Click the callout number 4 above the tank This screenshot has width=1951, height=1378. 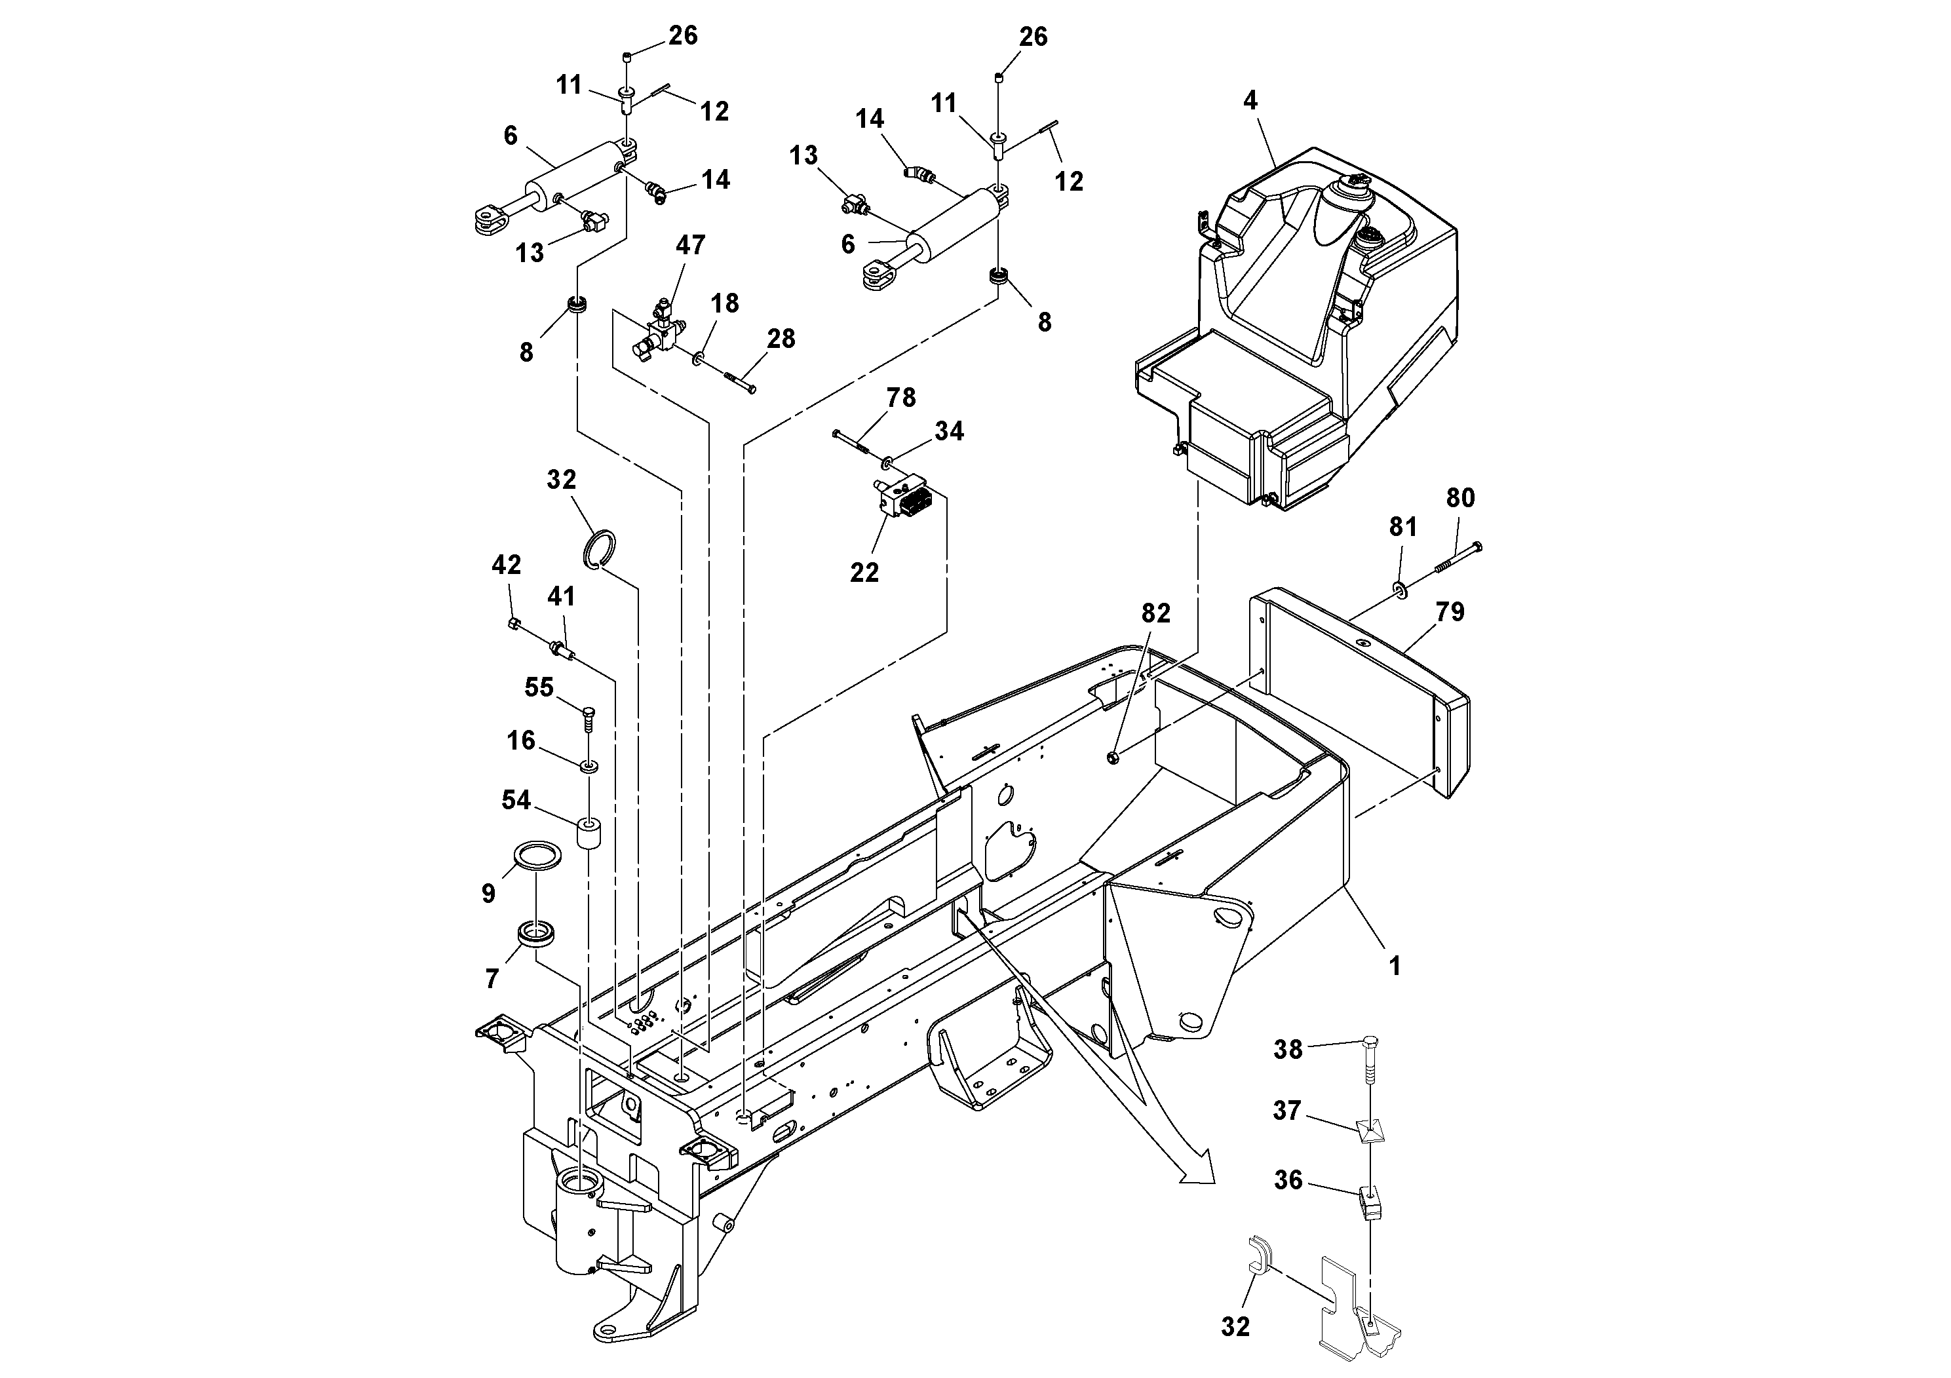(x=1249, y=101)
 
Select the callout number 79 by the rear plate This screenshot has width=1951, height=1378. (x=1450, y=612)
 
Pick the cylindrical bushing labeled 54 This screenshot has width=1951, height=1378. (x=588, y=833)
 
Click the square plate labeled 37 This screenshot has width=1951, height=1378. (x=1370, y=1131)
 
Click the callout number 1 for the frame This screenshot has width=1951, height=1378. (x=1393, y=966)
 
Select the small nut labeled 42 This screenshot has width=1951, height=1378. (x=512, y=624)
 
